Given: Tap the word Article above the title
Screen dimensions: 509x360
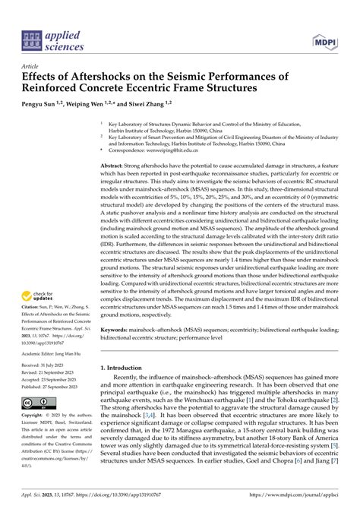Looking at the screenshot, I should pos(31,66).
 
